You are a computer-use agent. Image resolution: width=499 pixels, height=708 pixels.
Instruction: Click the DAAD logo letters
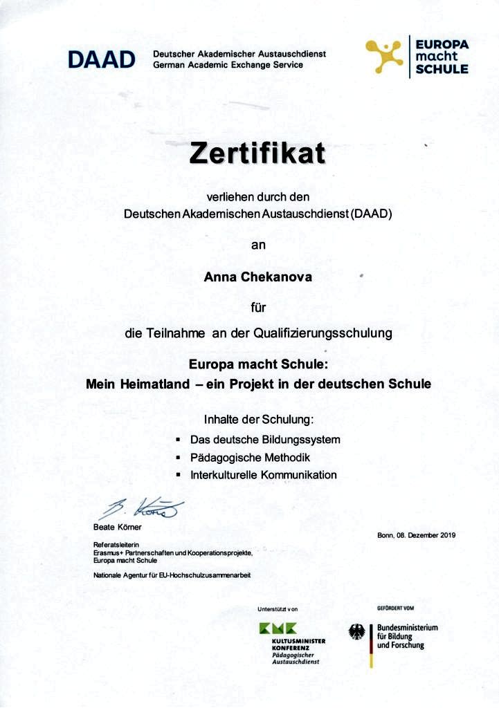click(x=101, y=59)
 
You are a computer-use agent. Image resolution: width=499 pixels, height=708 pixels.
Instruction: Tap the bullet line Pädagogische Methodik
click(x=250, y=458)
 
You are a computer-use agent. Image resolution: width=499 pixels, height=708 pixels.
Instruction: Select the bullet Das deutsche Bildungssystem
click(x=265, y=440)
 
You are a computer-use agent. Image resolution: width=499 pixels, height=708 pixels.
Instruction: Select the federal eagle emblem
click(x=357, y=632)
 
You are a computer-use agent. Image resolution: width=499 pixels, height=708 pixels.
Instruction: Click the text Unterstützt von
click(x=277, y=609)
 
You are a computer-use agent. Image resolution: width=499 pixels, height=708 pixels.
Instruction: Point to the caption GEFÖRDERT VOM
click(x=395, y=608)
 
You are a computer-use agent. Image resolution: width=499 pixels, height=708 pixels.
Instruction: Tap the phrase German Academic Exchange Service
click(x=228, y=65)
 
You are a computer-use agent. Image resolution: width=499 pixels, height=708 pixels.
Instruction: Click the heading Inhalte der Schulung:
click(x=258, y=420)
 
